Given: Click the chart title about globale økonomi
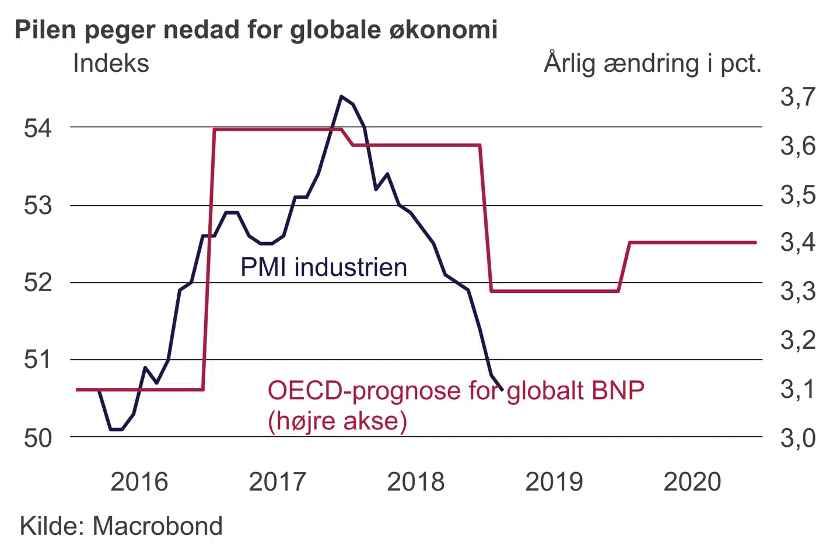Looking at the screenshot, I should tap(256, 30).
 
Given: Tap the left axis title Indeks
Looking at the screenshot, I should tap(111, 64).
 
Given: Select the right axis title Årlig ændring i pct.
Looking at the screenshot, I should tap(652, 64).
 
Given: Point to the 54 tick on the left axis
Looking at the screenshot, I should tap(38, 128).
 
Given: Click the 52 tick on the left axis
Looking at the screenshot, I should tap(38, 282).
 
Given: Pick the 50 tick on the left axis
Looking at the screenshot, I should tap(38, 437).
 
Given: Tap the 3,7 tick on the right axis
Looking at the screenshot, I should tap(798, 97).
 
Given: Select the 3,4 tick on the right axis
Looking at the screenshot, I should tap(798, 242).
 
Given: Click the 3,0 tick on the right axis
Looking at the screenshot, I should tap(798, 437).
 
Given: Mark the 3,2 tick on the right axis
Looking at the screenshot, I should tap(798, 340).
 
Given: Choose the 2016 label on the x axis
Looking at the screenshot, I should tap(139, 482).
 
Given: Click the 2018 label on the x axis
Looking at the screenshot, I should tap(415, 482).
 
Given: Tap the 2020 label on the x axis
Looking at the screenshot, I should tap(692, 482).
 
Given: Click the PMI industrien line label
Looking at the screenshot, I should tap(324, 267).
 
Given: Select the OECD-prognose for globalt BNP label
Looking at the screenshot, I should tap(456, 390).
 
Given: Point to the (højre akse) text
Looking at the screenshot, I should tap(337, 421).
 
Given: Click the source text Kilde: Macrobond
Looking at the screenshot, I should tap(121, 526).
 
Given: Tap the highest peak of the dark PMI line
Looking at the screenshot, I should tap(341, 96).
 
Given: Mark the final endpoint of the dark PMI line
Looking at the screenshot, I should tap(502, 389).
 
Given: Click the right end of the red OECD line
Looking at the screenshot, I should tap(755, 242).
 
